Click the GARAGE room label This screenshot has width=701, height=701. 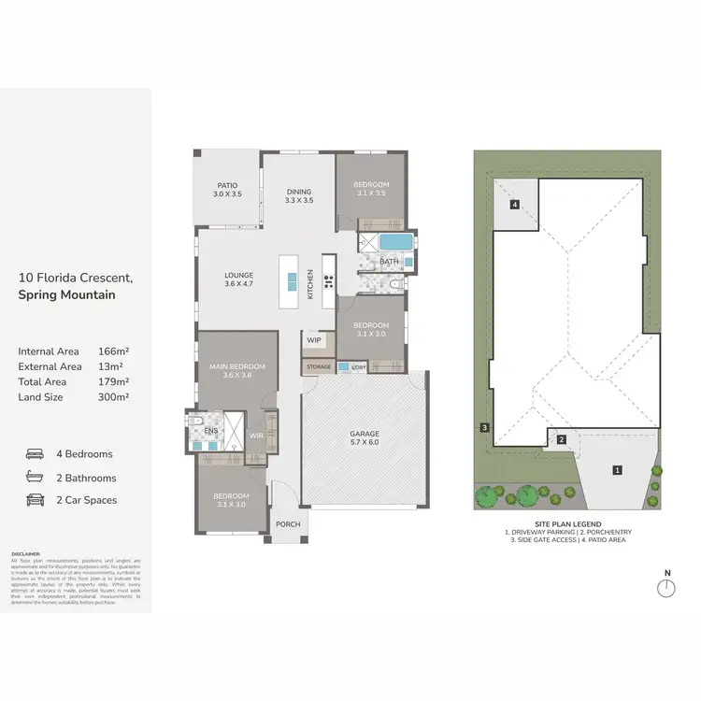tap(364, 435)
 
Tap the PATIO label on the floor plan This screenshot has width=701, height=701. tap(228, 185)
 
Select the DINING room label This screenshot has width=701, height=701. tap(299, 192)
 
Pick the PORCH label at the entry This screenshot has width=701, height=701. tap(288, 524)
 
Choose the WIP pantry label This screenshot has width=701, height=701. tap(314, 340)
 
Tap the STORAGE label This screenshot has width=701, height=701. tap(318, 367)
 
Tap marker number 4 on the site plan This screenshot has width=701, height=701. tap(514, 204)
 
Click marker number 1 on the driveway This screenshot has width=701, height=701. tap(617, 470)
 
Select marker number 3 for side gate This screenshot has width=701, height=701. tap(484, 428)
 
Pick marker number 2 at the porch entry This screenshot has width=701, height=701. tap(562, 439)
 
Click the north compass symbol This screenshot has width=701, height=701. tap(665, 588)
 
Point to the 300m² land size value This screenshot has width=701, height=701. tap(113, 396)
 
